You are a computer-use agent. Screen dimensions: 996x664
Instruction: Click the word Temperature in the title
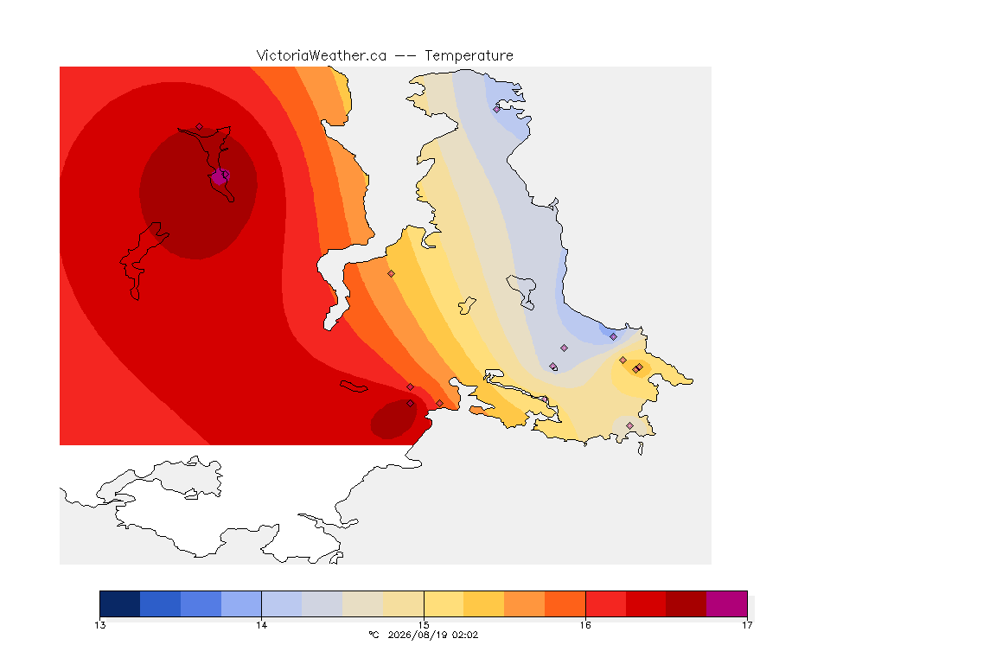469,55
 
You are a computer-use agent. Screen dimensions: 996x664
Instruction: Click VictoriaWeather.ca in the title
322,55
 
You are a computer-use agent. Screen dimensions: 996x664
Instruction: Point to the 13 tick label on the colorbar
99,625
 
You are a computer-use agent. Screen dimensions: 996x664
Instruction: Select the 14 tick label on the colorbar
262,625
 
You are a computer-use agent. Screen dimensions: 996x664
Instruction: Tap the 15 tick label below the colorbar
424,625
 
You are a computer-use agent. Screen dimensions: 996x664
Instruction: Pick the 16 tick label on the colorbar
585,625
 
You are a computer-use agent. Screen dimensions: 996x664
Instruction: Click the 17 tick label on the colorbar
747,625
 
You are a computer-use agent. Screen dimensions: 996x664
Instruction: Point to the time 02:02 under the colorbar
464,635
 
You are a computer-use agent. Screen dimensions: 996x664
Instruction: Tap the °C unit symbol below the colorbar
373,635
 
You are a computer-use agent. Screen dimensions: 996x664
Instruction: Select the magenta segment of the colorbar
726,603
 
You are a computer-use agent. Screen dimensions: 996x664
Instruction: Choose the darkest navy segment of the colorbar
120,603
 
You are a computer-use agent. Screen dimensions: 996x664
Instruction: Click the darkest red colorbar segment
686,603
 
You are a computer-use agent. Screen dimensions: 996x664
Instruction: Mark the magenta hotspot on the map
219,177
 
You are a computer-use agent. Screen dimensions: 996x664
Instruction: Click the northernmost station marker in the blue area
497,109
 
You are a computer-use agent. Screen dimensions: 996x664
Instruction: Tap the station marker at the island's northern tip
200,127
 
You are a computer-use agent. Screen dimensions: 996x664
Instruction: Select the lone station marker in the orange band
392,274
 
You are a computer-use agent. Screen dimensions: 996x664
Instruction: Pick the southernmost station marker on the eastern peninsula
629,425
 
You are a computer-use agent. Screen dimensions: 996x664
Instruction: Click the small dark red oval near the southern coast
394,418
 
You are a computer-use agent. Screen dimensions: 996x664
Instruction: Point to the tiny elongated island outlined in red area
354,386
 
